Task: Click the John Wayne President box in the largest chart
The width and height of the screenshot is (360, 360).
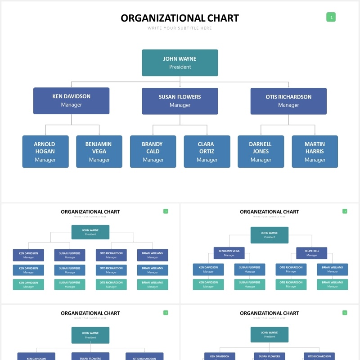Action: [x=180, y=63]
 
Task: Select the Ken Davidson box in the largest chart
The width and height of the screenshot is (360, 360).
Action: [x=71, y=100]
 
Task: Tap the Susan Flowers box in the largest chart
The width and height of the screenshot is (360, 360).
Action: [x=180, y=101]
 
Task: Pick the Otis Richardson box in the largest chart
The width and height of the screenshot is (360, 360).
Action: [x=288, y=101]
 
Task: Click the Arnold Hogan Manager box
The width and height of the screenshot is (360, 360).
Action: [x=45, y=152]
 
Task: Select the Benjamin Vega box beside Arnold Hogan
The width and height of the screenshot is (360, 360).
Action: [x=99, y=152]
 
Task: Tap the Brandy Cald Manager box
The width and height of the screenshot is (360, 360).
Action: [x=153, y=152]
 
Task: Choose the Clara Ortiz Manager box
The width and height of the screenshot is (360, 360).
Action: [x=207, y=152]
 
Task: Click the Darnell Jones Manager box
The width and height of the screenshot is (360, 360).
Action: [x=261, y=152]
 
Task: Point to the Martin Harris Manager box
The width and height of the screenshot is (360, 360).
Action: [x=315, y=152]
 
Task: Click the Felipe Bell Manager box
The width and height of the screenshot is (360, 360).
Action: [x=311, y=253]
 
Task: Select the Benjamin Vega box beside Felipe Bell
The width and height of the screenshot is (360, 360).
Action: [x=229, y=253]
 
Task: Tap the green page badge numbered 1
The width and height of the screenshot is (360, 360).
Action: [x=331, y=18]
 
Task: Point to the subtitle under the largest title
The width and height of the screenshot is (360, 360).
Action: [x=180, y=28]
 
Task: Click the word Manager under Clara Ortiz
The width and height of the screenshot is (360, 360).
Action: [x=207, y=160]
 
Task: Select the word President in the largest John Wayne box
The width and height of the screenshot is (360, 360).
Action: [x=180, y=67]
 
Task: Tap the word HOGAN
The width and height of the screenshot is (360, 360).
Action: [x=45, y=151]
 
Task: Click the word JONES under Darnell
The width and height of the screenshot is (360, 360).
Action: [x=261, y=151]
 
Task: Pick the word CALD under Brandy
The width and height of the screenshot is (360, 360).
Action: [x=153, y=151]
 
